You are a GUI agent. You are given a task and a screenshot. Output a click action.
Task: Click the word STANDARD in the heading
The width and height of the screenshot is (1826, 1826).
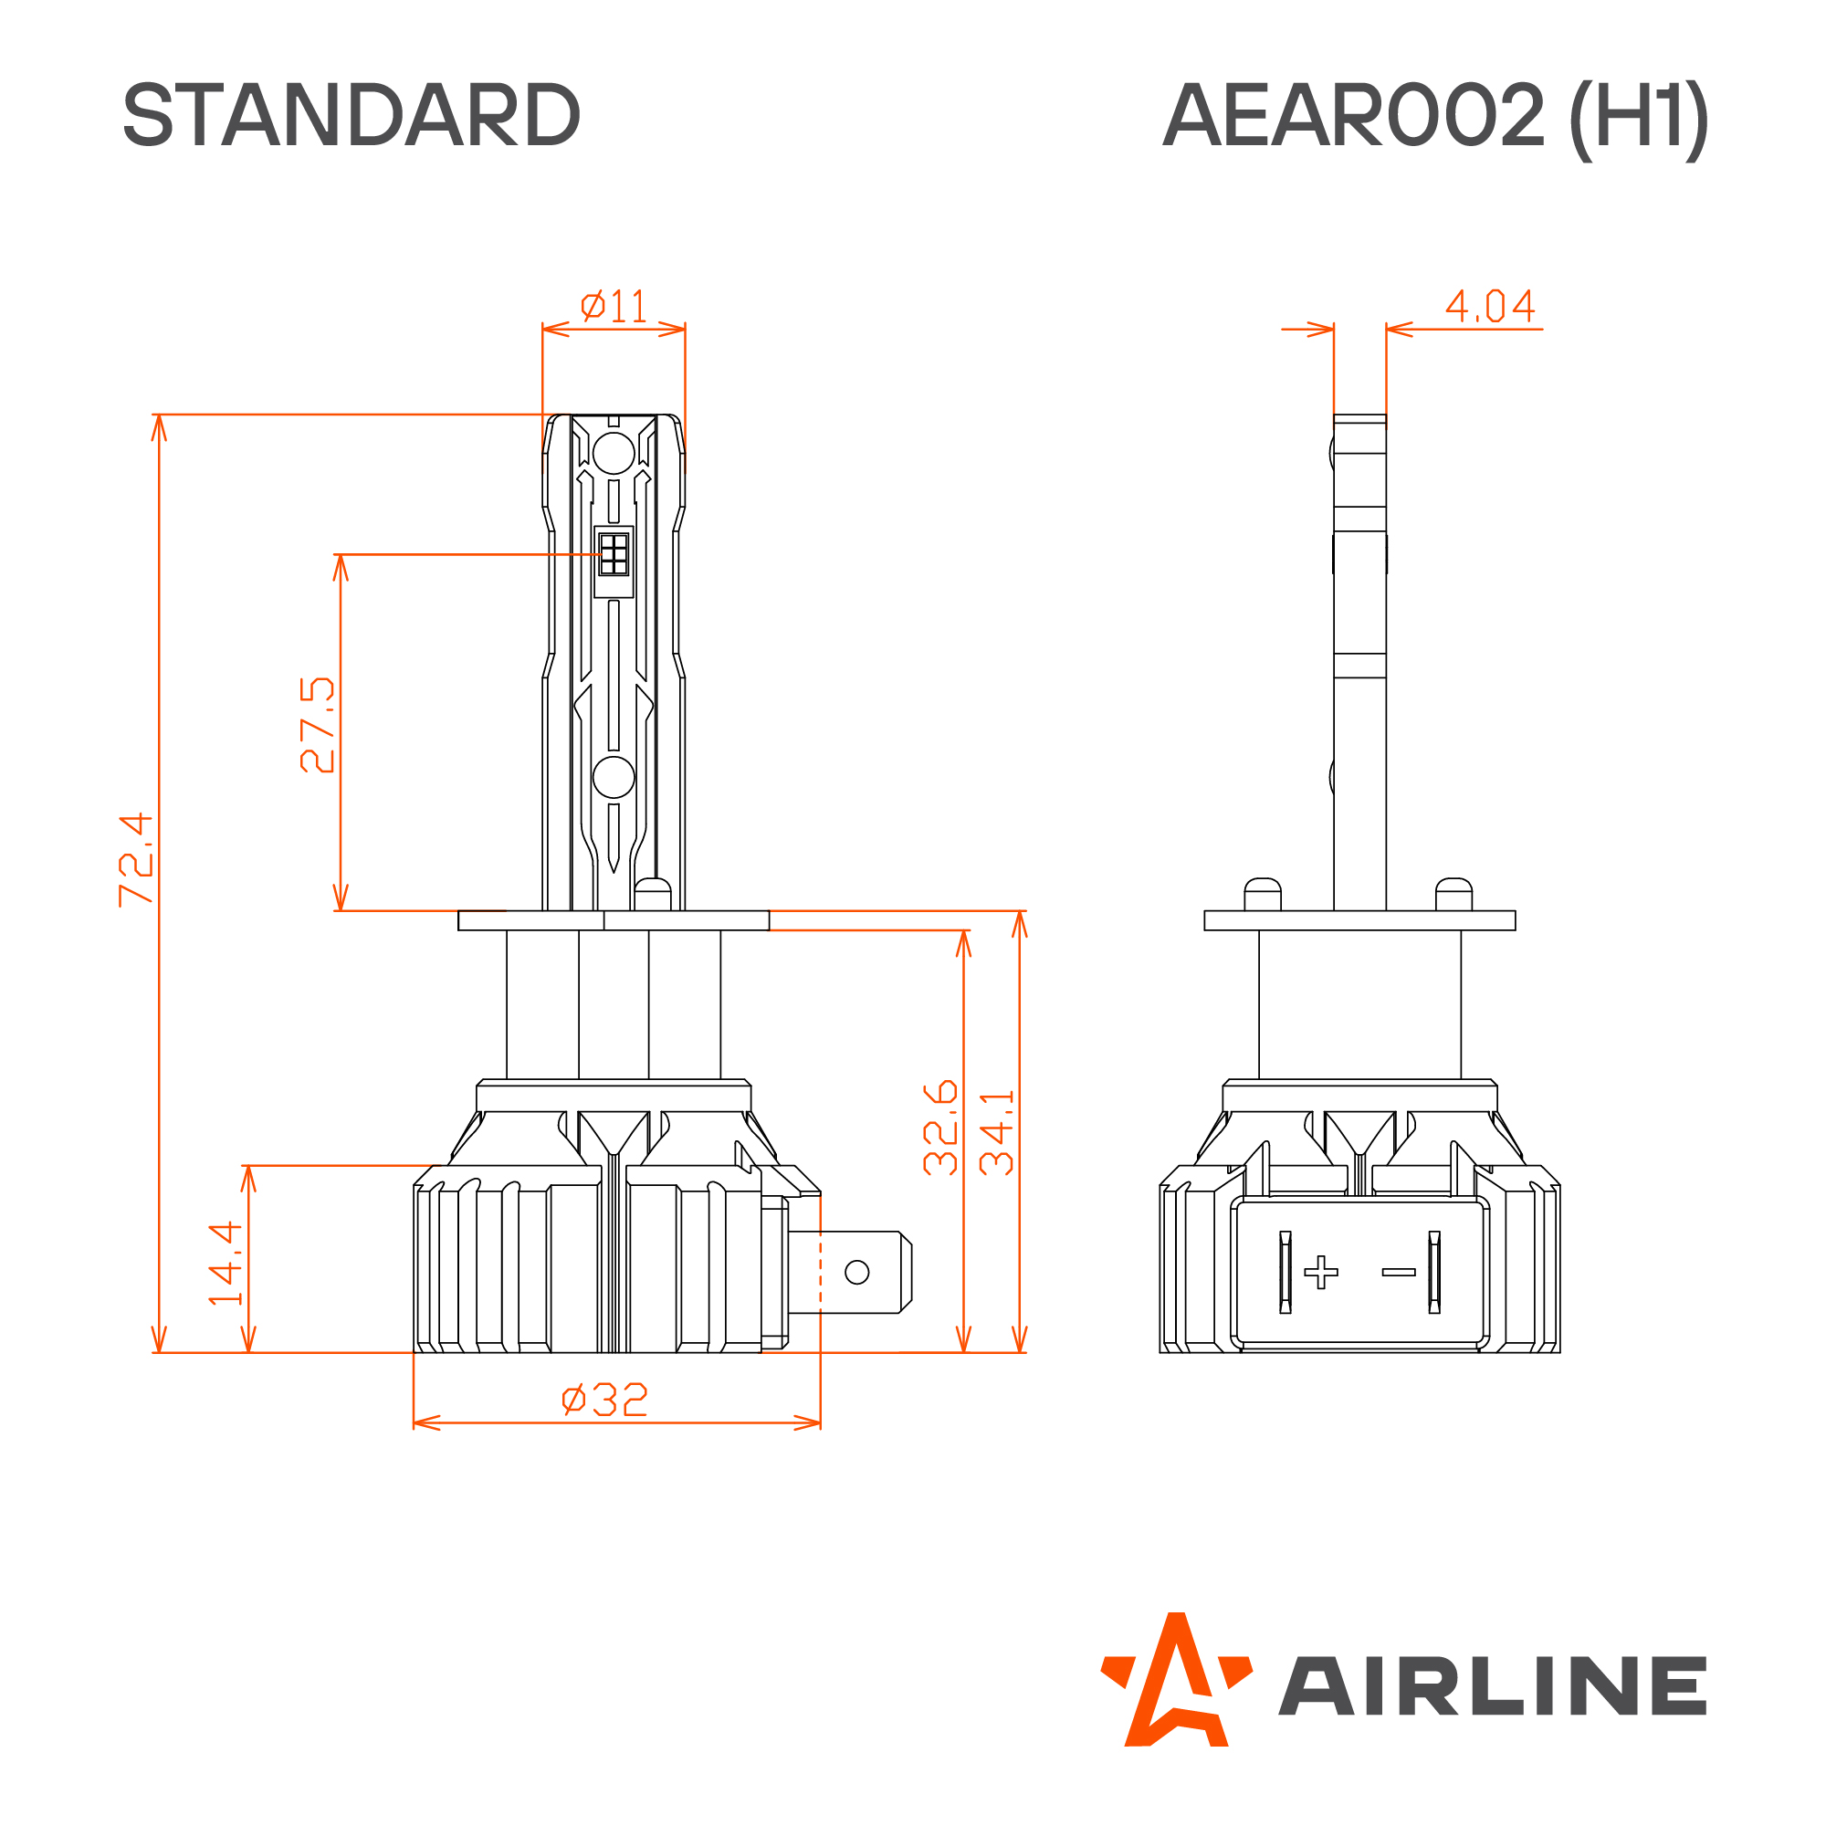[x=351, y=114]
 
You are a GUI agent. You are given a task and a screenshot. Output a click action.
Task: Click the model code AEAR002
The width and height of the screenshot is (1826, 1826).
[x=1352, y=116]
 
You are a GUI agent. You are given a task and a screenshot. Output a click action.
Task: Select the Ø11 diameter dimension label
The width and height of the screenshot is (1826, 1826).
[x=614, y=306]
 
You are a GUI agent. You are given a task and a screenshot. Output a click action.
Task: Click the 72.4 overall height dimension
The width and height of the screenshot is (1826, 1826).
[x=136, y=859]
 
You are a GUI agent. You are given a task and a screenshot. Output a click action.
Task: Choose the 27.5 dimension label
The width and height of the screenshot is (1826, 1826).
[x=318, y=725]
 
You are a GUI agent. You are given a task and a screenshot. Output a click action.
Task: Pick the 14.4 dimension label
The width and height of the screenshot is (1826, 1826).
[x=226, y=1264]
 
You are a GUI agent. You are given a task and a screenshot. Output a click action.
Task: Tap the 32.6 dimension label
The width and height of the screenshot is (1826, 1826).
[x=940, y=1127]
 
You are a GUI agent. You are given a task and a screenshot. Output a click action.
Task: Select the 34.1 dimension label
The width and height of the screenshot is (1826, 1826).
[x=997, y=1132]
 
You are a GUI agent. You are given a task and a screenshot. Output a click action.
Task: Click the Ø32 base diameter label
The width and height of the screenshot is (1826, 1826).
[x=605, y=1400]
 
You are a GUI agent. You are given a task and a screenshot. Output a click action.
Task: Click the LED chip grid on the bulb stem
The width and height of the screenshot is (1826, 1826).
[x=614, y=554]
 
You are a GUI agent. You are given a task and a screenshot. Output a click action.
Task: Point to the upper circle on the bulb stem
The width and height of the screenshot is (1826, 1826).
[x=614, y=454]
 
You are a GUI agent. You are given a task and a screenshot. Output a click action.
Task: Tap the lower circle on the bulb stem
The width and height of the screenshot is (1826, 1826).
[x=614, y=777]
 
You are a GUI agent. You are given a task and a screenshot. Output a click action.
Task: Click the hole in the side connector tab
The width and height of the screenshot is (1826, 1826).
[x=857, y=1272]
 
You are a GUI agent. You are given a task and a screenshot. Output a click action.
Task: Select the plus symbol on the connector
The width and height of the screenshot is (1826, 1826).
[x=1321, y=1272]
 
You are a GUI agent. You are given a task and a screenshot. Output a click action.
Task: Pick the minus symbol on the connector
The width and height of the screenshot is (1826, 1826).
[x=1399, y=1272]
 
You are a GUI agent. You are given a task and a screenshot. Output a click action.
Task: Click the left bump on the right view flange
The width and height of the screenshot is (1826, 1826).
[x=1263, y=893]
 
